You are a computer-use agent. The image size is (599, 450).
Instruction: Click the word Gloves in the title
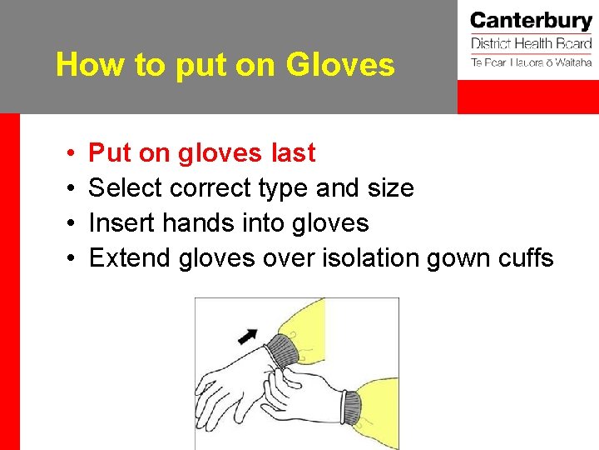pos(341,64)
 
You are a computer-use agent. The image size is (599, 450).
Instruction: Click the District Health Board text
pos(531,44)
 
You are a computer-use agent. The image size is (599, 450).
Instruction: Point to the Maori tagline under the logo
pos(531,62)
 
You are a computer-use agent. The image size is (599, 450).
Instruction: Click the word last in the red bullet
pos(294,153)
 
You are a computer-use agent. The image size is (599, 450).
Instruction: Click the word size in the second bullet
pos(389,188)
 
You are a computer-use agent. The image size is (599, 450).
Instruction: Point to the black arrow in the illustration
pos(247,335)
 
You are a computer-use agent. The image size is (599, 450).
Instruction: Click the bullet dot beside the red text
pos(72,154)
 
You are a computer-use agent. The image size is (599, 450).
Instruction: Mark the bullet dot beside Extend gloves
pos(72,259)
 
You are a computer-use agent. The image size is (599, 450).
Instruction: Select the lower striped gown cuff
pos(351,407)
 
